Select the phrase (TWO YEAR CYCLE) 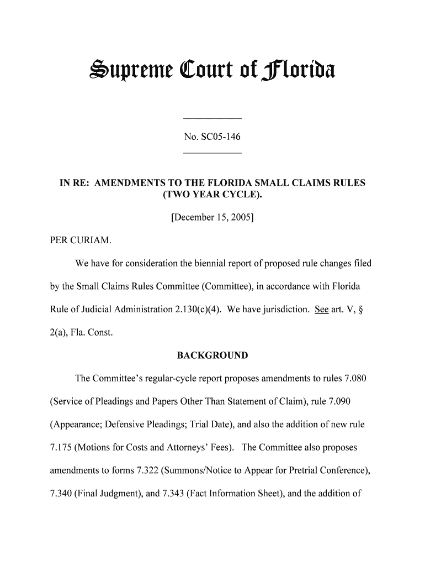coord(212,195)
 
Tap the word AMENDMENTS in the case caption coord(135,182)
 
